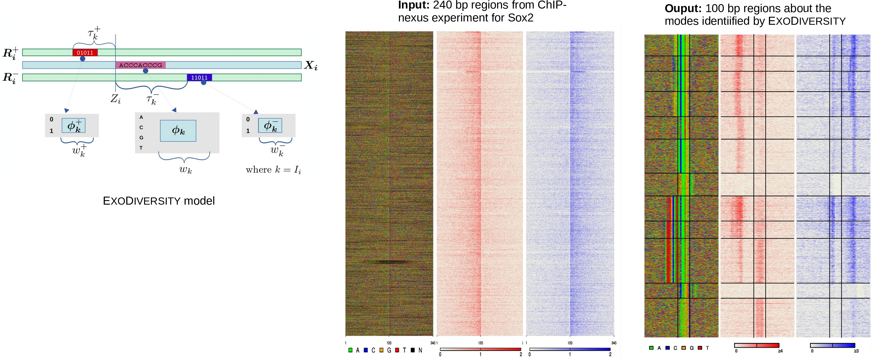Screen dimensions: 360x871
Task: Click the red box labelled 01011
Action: (x=85, y=53)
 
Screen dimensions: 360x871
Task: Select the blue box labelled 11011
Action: (x=199, y=77)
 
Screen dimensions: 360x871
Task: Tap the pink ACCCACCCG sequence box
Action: (x=140, y=65)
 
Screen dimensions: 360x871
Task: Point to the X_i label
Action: (x=310, y=65)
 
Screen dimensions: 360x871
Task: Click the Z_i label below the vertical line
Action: (x=115, y=99)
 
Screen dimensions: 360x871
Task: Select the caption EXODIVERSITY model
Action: (x=158, y=201)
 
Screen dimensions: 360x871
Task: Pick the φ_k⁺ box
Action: (x=73, y=125)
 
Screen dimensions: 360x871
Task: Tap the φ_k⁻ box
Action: (x=270, y=125)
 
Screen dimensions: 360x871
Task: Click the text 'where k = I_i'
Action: (x=273, y=170)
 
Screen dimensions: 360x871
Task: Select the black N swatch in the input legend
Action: (x=412, y=350)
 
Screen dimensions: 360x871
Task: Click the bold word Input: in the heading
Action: (x=413, y=6)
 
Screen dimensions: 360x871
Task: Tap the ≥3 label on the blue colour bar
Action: (x=856, y=351)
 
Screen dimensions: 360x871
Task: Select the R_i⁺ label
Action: (x=10, y=53)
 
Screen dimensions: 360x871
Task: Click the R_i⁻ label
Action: (x=10, y=78)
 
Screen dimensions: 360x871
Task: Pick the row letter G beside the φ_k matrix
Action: (x=141, y=138)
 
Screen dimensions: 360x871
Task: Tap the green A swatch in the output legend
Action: (x=651, y=348)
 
